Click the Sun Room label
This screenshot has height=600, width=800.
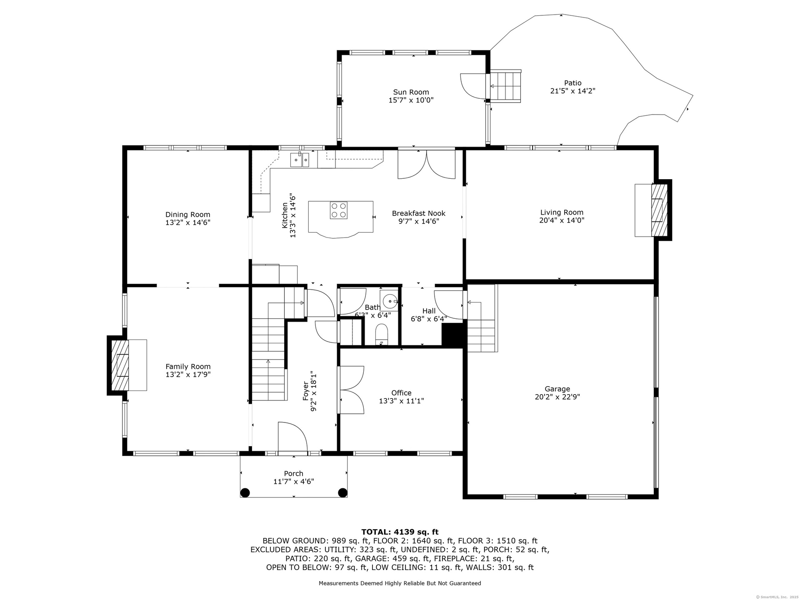click(411, 92)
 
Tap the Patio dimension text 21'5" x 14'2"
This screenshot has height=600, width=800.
click(572, 91)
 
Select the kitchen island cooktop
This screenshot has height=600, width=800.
click(339, 210)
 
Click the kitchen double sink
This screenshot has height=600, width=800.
click(300, 160)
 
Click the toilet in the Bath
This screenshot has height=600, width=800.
click(382, 334)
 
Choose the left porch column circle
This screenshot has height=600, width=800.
click(245, 492)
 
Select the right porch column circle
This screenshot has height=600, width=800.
click(342, 492)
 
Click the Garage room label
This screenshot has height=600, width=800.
click(557, 389)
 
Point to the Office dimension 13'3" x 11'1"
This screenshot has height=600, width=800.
click(401, 401)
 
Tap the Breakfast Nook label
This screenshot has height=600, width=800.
click(419, 213)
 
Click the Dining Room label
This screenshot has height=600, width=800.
click(188, 215)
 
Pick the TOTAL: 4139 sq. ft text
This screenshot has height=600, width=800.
click(400, 532)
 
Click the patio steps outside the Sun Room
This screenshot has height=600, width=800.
click(505, 86)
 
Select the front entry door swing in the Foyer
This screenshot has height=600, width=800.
click(292, 437)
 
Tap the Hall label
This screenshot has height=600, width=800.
click(429, 311)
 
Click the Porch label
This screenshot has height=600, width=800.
click(293, 473)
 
